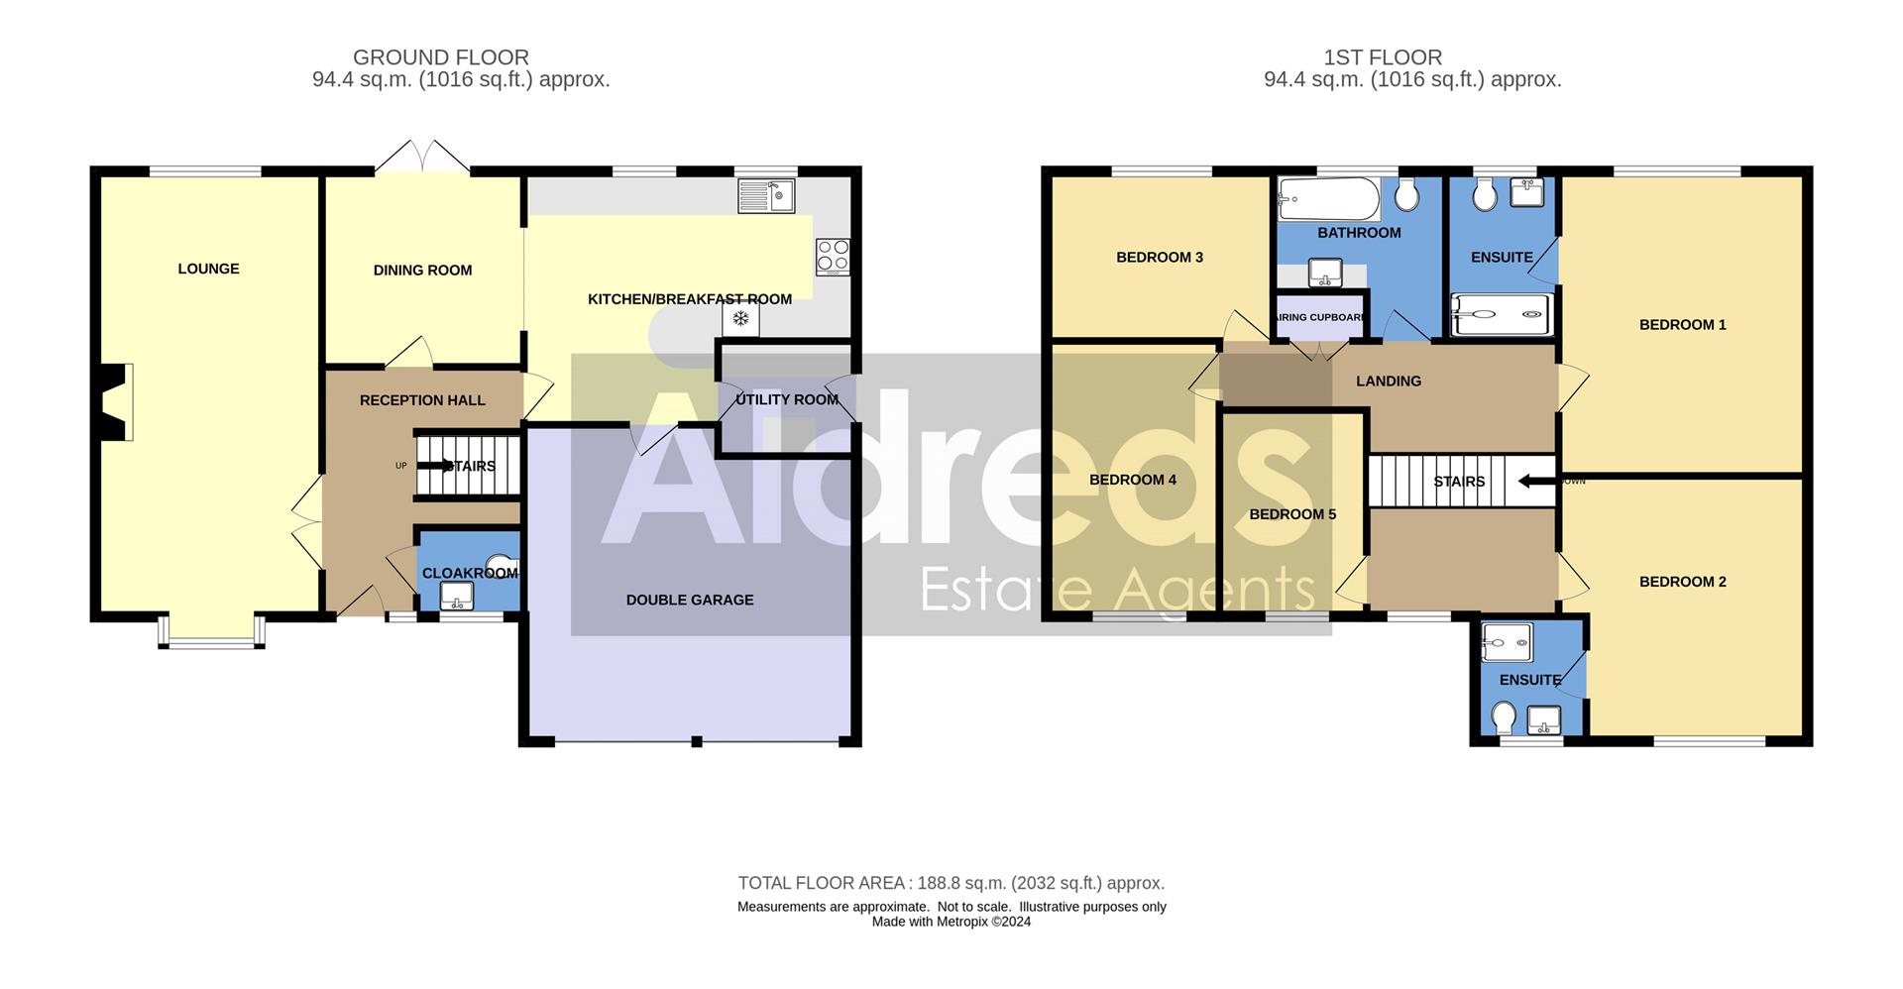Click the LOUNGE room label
tap(208, 269)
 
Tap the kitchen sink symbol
tap(765, 195)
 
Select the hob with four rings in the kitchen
tap(833, 256)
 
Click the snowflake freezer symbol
tap(739, 319)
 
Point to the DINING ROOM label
tap(422, 270)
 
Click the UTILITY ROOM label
tap(787, 399)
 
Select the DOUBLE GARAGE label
tap(690, 600)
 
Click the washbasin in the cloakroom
tap(456, 597)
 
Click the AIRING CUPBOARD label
tap(1320, 317)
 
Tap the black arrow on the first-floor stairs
tap(1537, 482)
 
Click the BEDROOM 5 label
tap(1292, 514)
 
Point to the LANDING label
tap(1389, 381)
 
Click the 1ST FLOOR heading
tap(1383, 57)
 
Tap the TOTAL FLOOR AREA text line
tap(951, 883)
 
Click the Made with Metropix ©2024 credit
tap(951, 922)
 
